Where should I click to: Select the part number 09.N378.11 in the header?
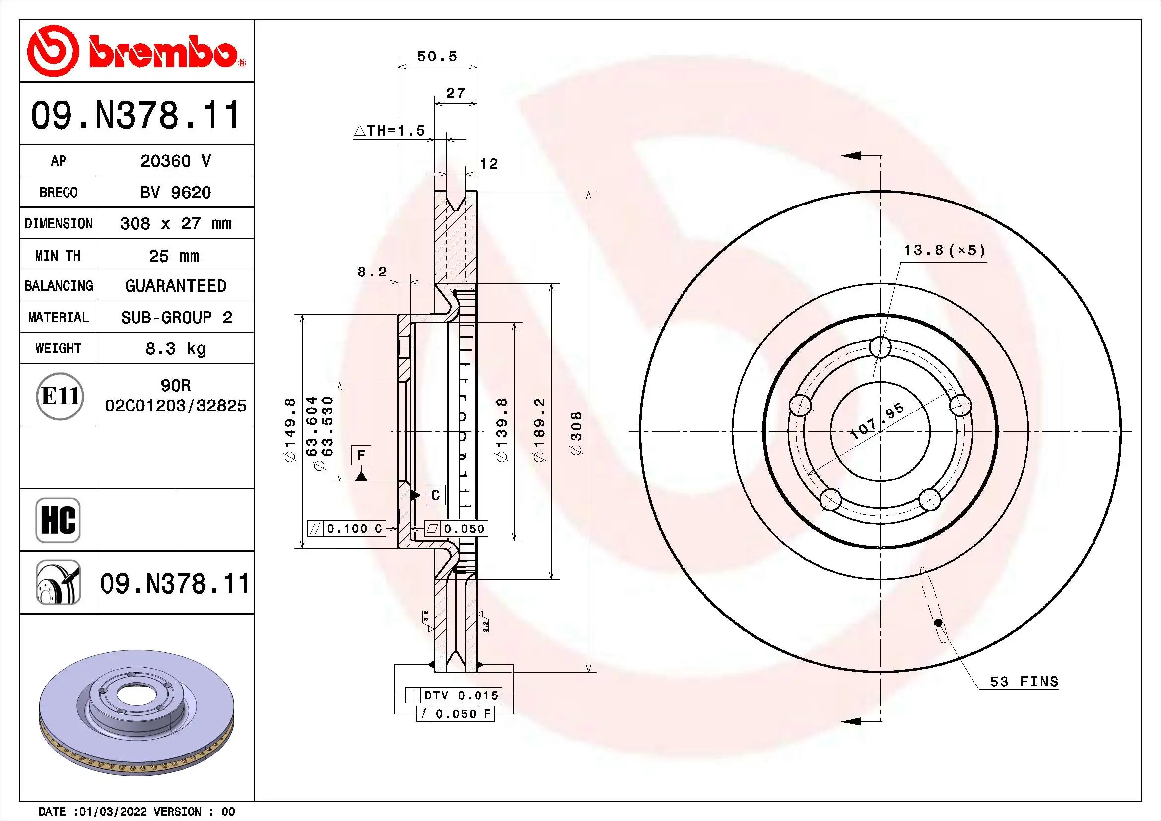(x=136, y=115)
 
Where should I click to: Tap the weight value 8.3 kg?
(x=175, y=348)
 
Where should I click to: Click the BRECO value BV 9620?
(x=175, y=192)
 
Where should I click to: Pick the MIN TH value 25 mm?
(x=174, y=255)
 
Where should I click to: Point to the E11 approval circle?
(x=60, y=396)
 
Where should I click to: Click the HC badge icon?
(x=58, y=520)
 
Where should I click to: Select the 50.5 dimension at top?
(x=437, y=56)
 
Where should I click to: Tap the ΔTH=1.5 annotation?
(x=389, y=131)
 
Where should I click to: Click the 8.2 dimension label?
(x=372, y=272)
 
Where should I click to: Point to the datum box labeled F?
(x=361, y=455)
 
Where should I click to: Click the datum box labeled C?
(x=435, y=495)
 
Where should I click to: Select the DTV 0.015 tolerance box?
(x=461, y=695)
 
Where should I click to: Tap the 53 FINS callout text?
(x=1024, y=682)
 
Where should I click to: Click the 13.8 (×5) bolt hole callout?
(x=944, y=250)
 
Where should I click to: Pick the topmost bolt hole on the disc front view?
(x=880, y=347)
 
